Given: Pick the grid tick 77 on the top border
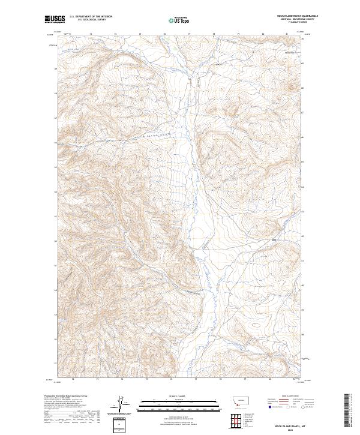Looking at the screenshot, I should click(189, 34).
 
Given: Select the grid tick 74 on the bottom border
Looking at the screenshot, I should click(122, 379).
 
